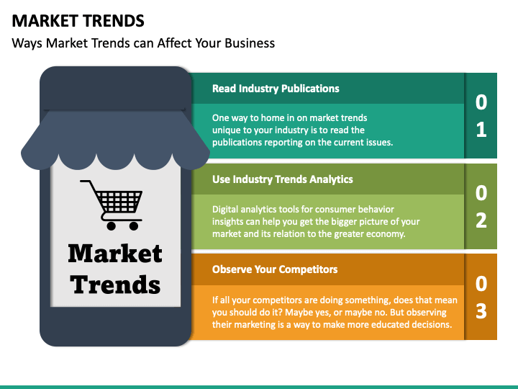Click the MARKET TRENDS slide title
tap(78, 20)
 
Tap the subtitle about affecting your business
tap(143, 43)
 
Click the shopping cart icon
tap(113, 204)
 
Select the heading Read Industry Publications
tap(276, 89)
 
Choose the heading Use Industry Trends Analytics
tap(282, 179)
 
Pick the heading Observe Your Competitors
tap(275, 269)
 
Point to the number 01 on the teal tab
tap(481, 116)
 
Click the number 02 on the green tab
tap(481, 206)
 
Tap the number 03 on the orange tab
tap(481, 296)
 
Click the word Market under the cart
tap(115, 254)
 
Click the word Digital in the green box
tap(225, 210)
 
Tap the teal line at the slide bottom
tap(259, 386)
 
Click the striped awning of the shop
tap(115, 137)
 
